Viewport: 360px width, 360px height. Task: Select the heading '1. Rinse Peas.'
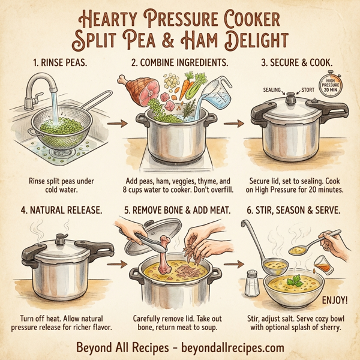[x=58, y=62]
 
